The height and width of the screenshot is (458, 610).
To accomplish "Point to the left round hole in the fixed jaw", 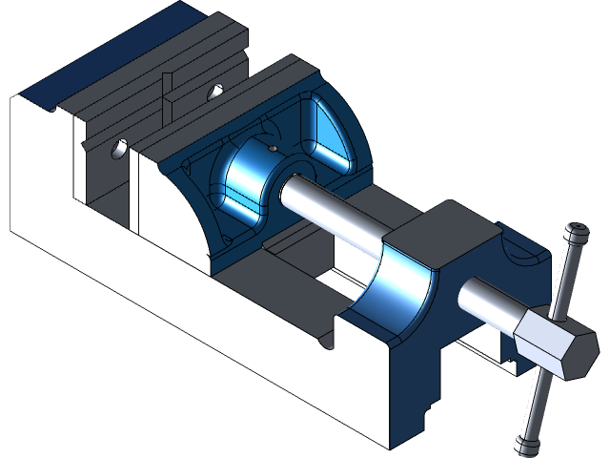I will coord(118,149).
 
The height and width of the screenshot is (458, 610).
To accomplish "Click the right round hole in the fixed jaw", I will coord(215,93).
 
